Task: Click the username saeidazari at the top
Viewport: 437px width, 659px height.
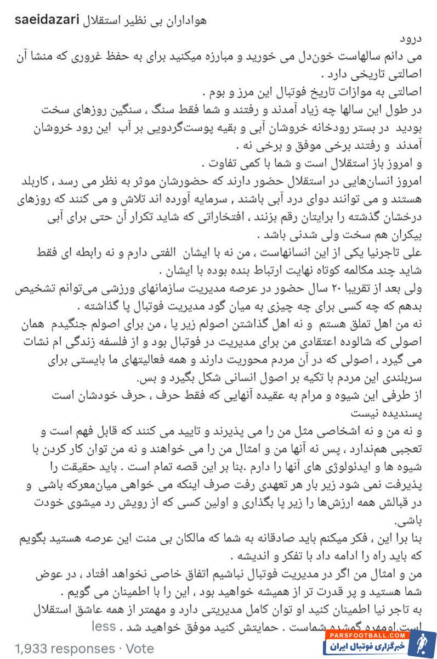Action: click(x=45, y=20)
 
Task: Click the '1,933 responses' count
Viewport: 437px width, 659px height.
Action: click(x=64, y=648)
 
